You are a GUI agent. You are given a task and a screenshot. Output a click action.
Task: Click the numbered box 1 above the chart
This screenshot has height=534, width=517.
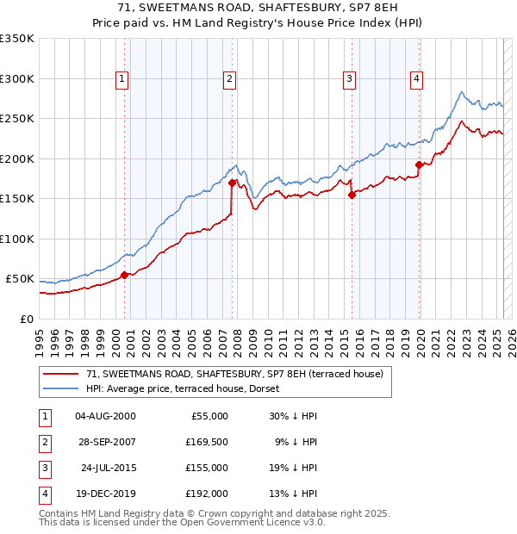(x=121, y=79)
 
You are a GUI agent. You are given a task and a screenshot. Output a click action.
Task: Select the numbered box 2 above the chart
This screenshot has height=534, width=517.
(x=230, y=79)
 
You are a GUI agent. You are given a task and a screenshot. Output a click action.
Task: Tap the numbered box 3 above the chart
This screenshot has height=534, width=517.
(x=349, y=79)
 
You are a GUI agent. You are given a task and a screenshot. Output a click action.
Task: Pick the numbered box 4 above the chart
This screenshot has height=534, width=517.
(x=416, y=79)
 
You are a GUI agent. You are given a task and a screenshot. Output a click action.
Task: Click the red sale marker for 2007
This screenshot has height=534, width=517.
(x=233, y=183)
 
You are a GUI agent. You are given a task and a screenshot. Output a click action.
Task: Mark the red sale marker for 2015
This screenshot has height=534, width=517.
(x=352, y=195)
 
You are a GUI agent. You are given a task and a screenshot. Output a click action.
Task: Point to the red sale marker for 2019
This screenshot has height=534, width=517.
(x=419, y=165)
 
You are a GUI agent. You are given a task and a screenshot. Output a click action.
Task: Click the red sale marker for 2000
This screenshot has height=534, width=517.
(x=124, y=275)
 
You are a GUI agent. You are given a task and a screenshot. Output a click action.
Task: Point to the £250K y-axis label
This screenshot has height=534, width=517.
(x=17, y=118)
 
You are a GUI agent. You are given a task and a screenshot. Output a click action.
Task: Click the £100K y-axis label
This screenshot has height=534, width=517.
(x=17, y=239)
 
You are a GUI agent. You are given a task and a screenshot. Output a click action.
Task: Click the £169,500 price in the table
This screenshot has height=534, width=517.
(x=207, y=442)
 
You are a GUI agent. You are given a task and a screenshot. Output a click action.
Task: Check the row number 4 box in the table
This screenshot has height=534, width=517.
(x=44, y=494)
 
